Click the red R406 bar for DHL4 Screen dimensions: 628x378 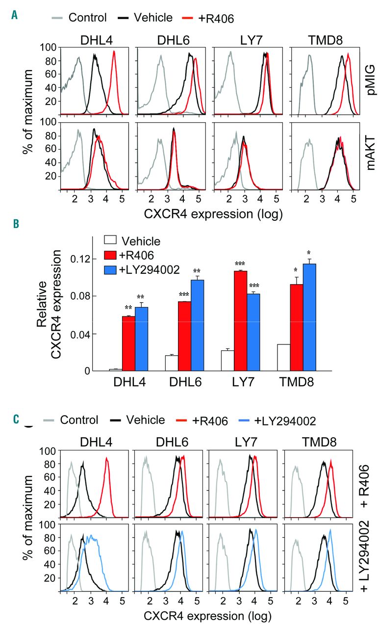[128, 343]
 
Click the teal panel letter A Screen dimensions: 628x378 [15, 16]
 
